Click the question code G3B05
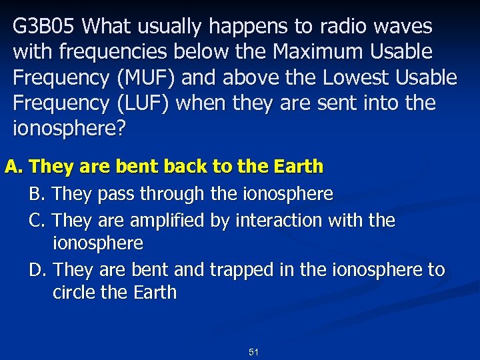tap(45, 27)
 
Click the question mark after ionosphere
tap(120, 129)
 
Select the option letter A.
tap(13, 167)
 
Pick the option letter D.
tap(37, 270)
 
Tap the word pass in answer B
tap(114, 194)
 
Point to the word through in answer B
tap(172, 194)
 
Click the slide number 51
tap(253, 351)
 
